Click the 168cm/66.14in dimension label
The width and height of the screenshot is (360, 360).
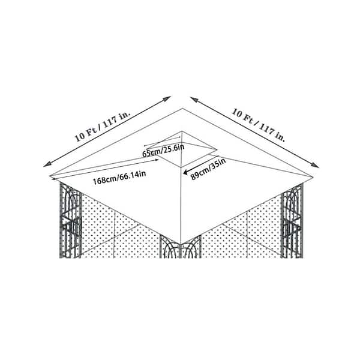tap(119, 178)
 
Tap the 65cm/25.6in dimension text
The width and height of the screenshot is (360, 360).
tap(163, 151)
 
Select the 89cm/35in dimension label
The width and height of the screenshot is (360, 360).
tap(208, 169)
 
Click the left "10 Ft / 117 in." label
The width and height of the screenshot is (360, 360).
tap(103, 127)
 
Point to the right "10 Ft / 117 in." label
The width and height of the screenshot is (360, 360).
tap(258, 125)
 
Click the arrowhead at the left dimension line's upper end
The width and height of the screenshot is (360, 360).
tap(168, 98)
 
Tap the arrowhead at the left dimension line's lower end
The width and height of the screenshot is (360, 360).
tap(46, 165)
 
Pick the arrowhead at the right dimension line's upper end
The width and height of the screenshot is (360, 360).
tap(193, 99)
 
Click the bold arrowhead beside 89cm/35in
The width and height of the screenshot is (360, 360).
tap(185, 172)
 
